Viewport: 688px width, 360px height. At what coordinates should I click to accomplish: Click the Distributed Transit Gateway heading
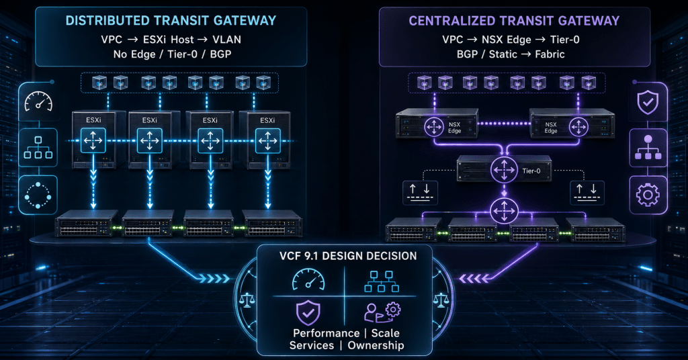(171, 21)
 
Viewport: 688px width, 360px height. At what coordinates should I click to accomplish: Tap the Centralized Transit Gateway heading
(514, 21)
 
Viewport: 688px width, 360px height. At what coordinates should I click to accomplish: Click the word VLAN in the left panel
(226, 40)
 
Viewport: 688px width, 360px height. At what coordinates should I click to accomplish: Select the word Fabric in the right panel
(550, 54)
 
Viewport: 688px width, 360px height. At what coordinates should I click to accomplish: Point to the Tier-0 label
(531, 171)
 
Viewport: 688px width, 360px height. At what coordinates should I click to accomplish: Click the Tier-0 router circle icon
(504, 170)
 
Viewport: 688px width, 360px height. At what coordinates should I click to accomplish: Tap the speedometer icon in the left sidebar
(38, 101)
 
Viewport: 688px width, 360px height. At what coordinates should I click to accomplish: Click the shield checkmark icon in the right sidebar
(648, 102)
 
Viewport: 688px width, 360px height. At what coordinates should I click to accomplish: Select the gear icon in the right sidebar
(648, 194)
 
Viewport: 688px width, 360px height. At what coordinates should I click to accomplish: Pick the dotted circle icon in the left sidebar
(38, 195)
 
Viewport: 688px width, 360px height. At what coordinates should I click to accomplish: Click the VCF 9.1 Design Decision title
(348, 256)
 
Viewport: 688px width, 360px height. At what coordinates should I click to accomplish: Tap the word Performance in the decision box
(326, 333)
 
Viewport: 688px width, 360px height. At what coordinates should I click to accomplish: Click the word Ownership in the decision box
(376, 345)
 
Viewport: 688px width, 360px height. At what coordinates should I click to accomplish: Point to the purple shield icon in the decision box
(308, 312)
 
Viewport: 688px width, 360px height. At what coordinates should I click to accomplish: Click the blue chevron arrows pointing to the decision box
(214, 279)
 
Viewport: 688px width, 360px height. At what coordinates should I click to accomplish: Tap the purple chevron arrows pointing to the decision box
(474, 279)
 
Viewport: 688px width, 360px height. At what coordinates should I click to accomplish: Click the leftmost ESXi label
(93, 120)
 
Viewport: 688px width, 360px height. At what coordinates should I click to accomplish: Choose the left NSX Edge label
(455, 128)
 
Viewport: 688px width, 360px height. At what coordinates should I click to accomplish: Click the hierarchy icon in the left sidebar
(38, 147)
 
